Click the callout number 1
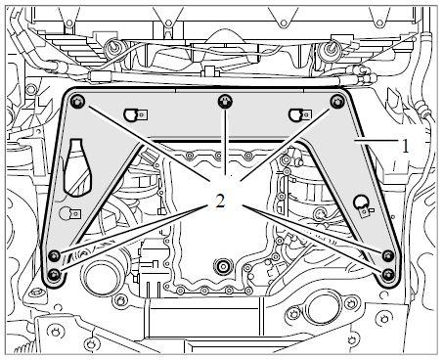point(405,146)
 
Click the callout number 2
point(220,202)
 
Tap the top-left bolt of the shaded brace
point(77,102)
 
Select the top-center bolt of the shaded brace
point(225,102)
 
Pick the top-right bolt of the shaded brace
point(337,102)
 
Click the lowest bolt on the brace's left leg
point(54,276)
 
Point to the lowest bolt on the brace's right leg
point(388,275)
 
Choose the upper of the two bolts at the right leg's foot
point(388,255)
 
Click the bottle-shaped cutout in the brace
point(77,167)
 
